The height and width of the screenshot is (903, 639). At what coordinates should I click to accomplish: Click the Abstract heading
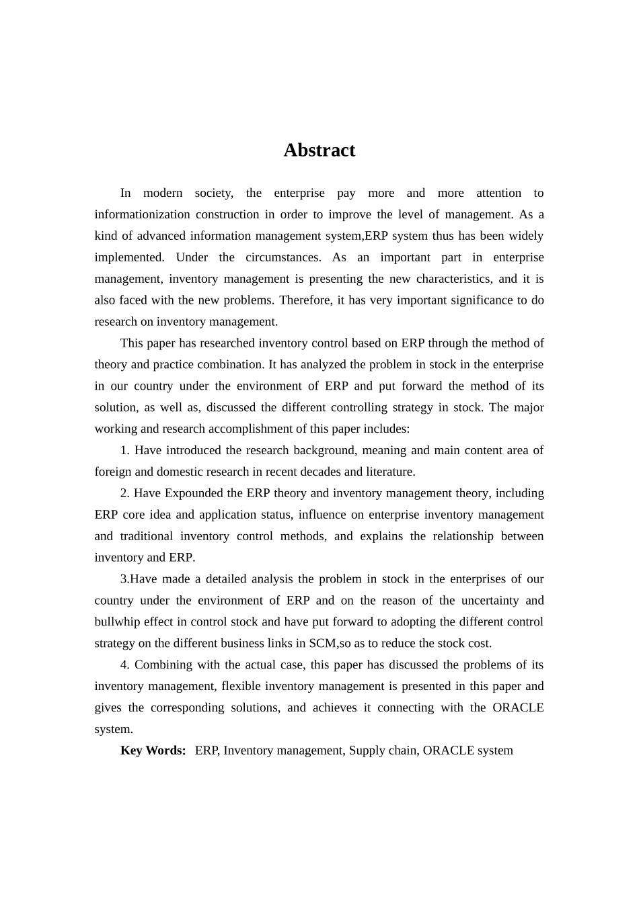319,150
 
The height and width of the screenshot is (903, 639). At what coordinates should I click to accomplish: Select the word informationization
142,214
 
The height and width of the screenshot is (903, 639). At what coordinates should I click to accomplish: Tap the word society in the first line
213,193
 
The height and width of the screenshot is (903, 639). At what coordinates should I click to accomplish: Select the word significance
478,300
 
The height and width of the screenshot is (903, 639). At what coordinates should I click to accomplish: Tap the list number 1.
124,450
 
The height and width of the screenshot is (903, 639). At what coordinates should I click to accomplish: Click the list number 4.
124,665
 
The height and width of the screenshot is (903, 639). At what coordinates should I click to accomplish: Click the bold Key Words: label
153,750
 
